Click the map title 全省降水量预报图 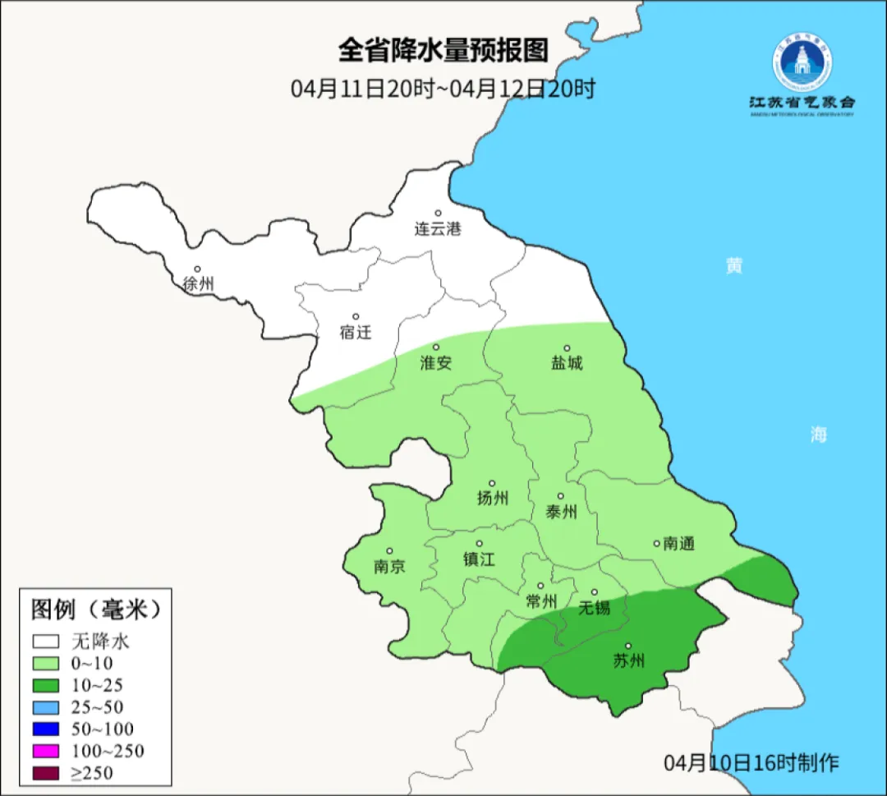click(443, 51)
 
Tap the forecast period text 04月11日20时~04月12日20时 click(443, 89)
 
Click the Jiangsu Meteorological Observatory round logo click(802, 62)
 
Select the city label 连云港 click(438, 229)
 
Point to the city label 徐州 click(198, 284)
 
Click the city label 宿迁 click(356, 333)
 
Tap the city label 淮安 click(436, 362)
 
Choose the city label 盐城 click(566, 363)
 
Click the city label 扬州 click(492, 498)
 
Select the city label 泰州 click(561, 512)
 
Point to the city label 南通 click(678, 543)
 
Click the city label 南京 click(389, 566)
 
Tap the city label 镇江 click(479, 559)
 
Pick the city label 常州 click(540, 601)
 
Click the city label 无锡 click(595, 607)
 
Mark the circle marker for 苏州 click(628, 646)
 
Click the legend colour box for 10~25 click(46, 685)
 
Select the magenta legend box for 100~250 click(46, 751)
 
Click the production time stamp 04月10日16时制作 click(751, 762)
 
